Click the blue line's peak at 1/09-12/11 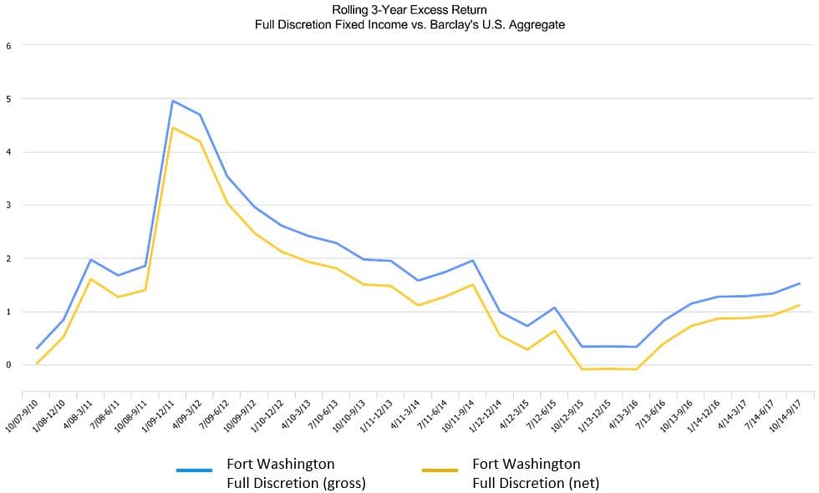pyautogui.click(x=172, y=101)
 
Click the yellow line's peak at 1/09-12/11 pyautogui.click(x=172, y=128)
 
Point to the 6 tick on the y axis pyautogui.click(x=8, y=45)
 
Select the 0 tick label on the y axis pyautogui.click(x=8, y=365)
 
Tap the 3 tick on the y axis pyautogui.click(x=8, y=205)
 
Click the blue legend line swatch pyautogui.click(x=194, y=471)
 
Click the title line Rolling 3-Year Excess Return pyautogui.click(x=409, y=10)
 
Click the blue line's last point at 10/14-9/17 pyautogui.click(x=799, y=284)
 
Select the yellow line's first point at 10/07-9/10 pyautogui.click(x=38, y=363)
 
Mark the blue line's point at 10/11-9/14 pyautogui.click(x=472, y=261)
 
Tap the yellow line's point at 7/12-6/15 pyautogui.click(x=554, y=330)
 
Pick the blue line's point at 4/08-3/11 pyautogui.click(x=90, y=260)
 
